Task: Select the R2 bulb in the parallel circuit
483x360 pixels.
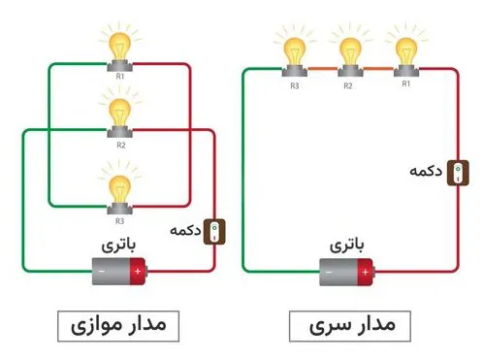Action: (120, 113)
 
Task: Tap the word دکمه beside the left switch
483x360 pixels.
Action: (186, 232)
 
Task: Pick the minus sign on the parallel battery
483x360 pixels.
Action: (102, 270)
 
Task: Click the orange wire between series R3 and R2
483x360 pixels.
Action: (320, 68)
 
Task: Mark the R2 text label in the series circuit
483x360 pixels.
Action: (348, 84)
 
